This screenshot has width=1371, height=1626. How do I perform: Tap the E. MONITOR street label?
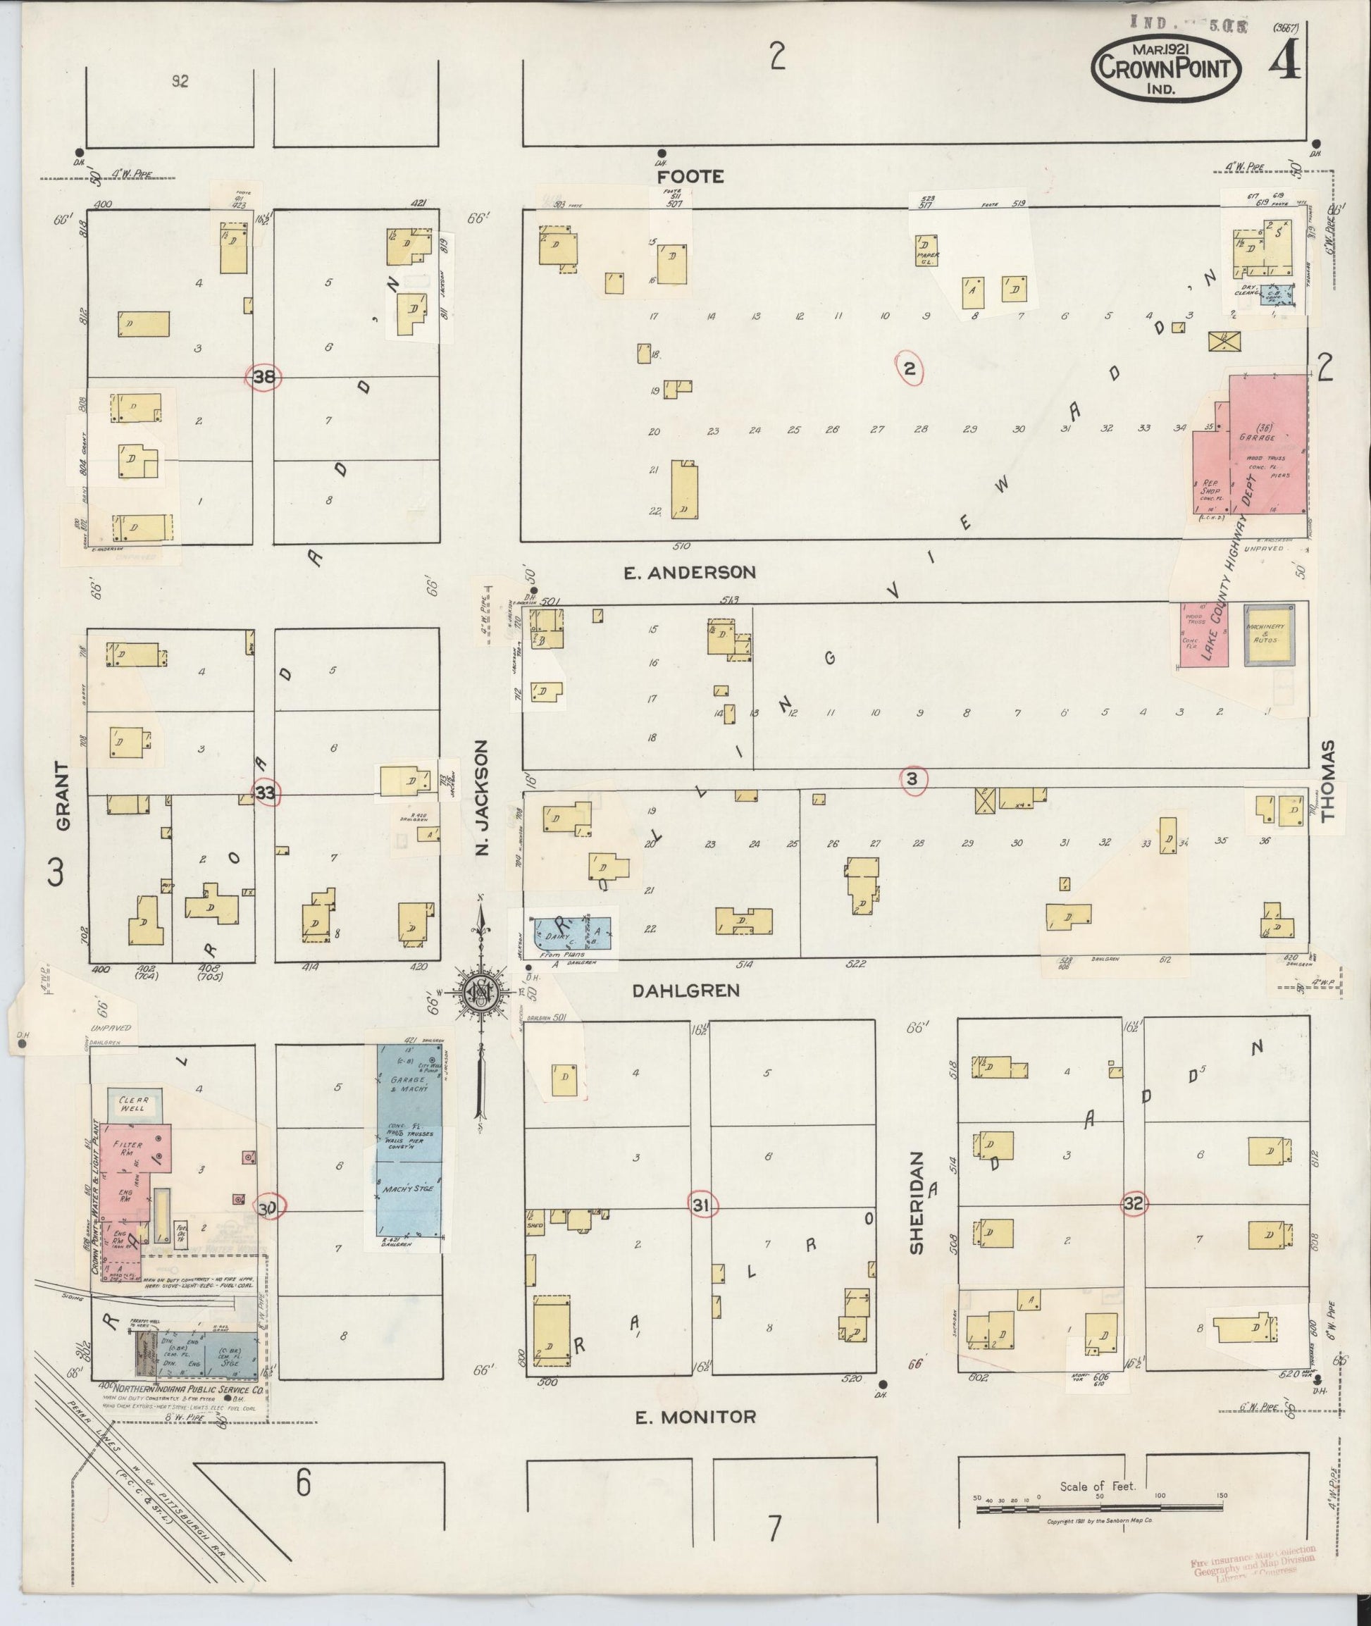(695, 1417)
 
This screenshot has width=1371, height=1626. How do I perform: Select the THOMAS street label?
(1327, 781)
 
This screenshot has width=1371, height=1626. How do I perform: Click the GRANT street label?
(63, 796)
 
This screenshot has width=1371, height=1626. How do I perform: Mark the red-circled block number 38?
(264, 378)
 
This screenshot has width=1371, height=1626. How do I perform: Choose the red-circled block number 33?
(265, 793)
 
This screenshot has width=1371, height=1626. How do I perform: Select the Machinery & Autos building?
(1268, 635)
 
